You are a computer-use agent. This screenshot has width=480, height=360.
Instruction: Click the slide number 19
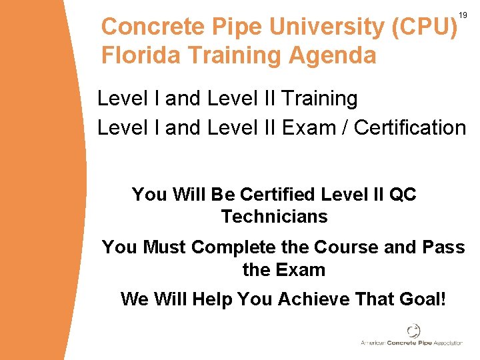(x=463, y=15)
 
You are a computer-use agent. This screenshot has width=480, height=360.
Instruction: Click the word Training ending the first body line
(x=320, y=99)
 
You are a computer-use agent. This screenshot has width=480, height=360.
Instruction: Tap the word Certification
(x=410, y=127)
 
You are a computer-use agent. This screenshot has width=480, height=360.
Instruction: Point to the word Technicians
(x=275, y=217)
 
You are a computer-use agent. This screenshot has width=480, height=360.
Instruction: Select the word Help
(x=214, y=299)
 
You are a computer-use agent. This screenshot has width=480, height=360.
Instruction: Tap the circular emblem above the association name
(x=414, y=331)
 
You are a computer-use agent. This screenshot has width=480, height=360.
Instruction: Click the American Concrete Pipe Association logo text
(x=411, y=343)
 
